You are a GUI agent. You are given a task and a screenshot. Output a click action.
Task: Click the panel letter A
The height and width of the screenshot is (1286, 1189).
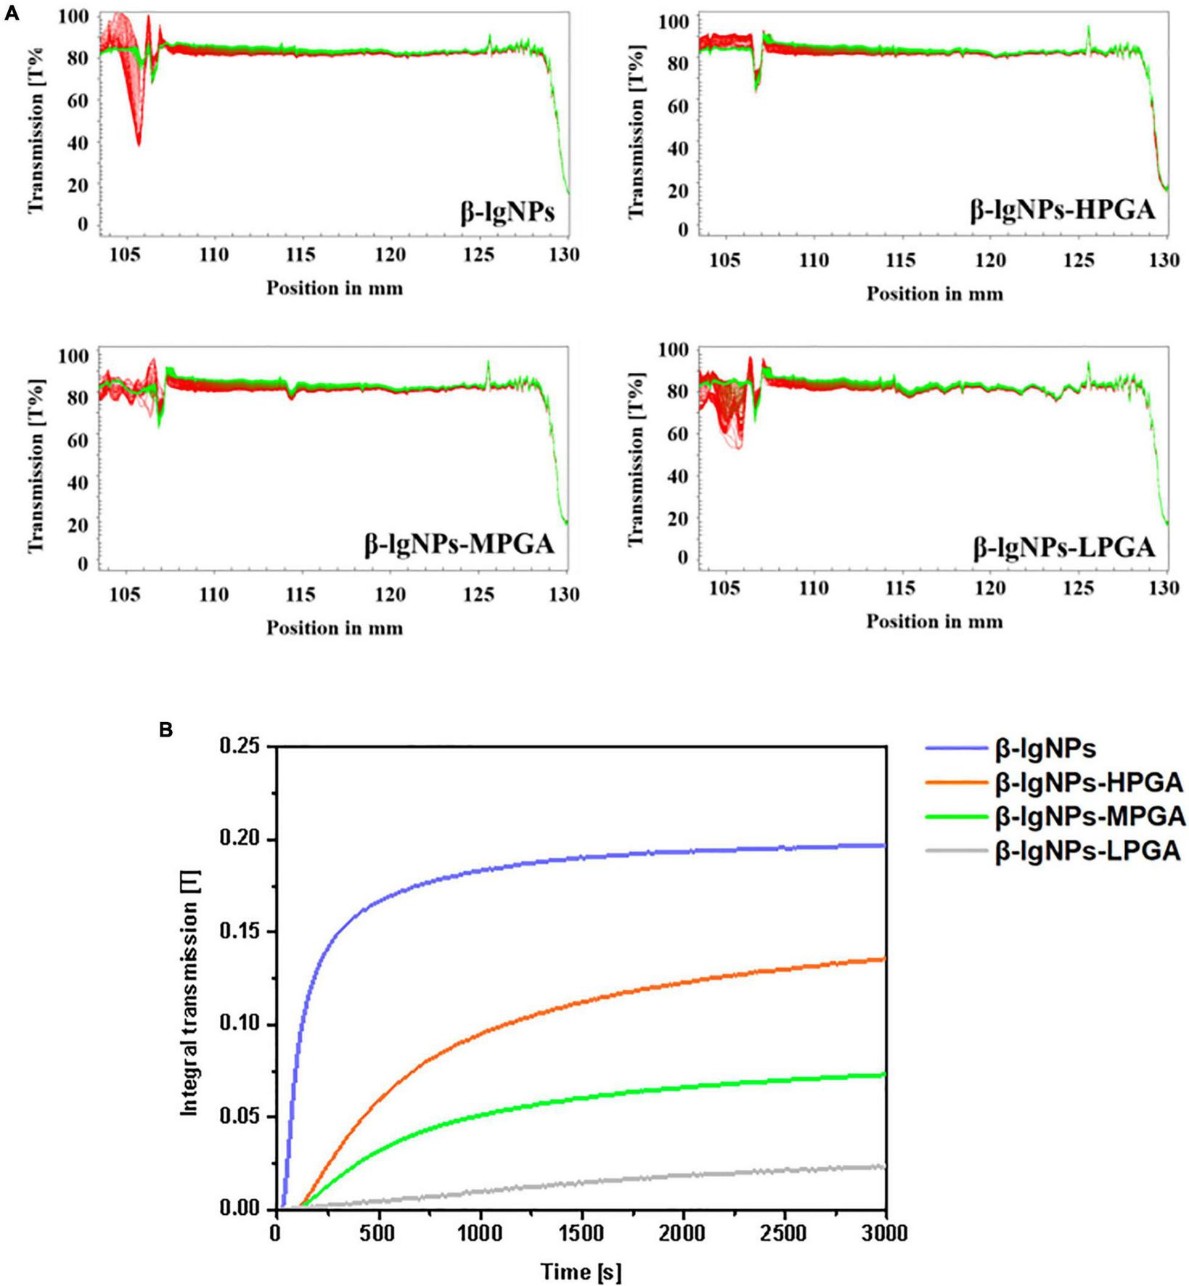coord(12,12)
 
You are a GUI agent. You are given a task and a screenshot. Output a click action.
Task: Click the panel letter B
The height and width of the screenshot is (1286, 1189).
coord(166,730)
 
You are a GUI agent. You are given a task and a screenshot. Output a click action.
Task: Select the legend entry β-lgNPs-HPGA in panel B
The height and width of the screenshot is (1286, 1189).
coord(1089,782)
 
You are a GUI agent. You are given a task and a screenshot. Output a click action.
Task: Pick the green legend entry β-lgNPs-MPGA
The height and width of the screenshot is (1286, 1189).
coord(1090,816)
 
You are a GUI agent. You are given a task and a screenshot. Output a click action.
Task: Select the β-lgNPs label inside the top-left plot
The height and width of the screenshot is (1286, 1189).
coord(507,212)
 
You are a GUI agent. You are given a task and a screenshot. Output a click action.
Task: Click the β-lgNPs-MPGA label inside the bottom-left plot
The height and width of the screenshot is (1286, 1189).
coord(459,544)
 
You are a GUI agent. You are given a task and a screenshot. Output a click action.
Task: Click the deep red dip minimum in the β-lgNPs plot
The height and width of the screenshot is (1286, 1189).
coord(139,144)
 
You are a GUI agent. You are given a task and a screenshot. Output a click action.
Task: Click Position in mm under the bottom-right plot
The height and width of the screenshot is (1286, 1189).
coord(934,621)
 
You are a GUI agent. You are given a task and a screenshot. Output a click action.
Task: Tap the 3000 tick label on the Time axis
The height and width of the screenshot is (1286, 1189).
coord(885,1233)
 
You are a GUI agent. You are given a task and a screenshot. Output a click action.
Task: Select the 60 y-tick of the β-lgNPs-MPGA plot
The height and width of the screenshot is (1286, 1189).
coord(78,441)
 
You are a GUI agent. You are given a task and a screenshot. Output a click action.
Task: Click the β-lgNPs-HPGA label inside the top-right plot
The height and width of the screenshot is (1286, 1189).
coord(1063,210)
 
